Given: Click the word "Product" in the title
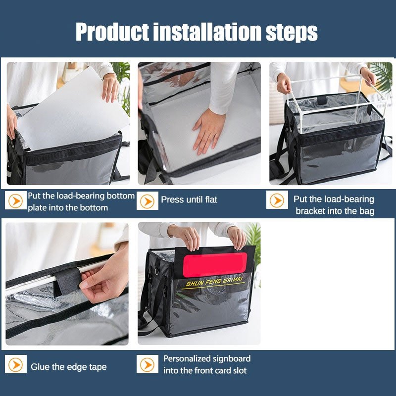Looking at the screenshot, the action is click(112, 32).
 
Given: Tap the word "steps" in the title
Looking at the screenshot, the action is click(292, 33).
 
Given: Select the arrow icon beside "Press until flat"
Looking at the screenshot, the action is click(148, 201).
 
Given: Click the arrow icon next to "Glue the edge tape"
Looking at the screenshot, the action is click(16, 364).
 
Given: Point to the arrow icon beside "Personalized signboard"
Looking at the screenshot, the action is click(148, 364).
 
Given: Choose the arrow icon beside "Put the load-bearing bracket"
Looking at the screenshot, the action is click(277, 200).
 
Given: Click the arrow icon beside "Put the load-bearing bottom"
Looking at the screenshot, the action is click(16, 200).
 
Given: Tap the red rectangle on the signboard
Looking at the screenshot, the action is click(215, 264).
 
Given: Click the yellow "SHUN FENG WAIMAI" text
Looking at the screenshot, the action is click(214, 281).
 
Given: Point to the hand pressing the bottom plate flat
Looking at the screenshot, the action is click(208, 131).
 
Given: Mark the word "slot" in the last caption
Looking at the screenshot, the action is click(240, 370).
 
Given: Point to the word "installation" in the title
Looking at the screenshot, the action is click(207, 32).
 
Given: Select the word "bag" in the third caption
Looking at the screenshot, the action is click(367, 211).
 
